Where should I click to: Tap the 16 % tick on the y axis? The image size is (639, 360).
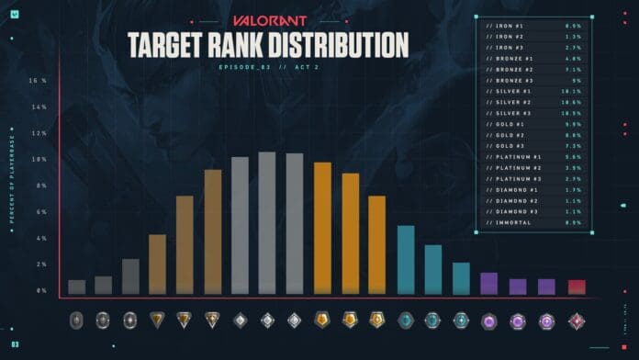coord(38,81)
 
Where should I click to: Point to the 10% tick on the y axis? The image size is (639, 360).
coord(39,160)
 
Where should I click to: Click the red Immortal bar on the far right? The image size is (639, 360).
coord(576,287)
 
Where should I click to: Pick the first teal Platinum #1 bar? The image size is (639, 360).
coord(405,260)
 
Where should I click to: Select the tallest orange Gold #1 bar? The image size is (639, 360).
coord(322,229)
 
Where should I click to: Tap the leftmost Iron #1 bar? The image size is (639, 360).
coord(76,287)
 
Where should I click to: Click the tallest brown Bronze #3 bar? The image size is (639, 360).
coord(212,232)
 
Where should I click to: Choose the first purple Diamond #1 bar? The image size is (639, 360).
coord(488,284)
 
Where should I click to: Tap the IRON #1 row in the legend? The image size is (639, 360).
coord(513,24)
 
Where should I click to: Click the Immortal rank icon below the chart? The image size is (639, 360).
coord(577,321)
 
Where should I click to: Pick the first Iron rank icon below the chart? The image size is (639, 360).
coord(76,321)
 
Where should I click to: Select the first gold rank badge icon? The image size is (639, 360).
coord(322,321)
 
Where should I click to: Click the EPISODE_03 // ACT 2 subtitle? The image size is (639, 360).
coord(265,67)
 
